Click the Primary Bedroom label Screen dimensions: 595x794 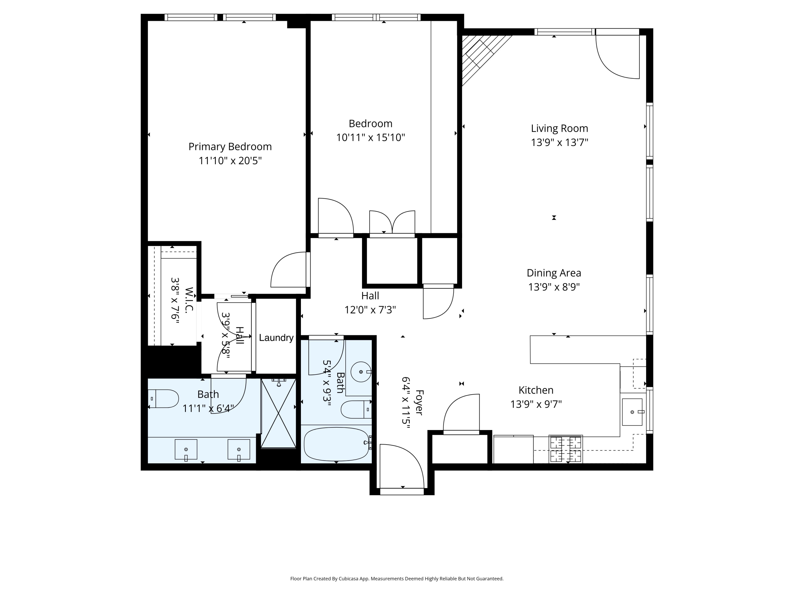(230, 147)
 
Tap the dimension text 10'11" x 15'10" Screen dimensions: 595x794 (371, 138)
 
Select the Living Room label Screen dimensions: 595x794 (559, 129)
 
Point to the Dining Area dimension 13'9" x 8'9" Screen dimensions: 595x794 (554, 287)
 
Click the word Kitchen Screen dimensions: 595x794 (536, 390)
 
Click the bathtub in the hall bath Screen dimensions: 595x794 (336, 444)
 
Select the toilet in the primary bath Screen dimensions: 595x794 (164, 399)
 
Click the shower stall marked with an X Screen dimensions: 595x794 (278, 413)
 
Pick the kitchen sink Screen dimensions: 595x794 (632, 412)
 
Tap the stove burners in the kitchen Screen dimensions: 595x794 (565, 449)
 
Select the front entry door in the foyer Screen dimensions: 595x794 (402, 468)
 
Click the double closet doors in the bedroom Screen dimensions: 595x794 (392, 223)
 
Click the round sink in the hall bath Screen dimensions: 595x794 (361, 372)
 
